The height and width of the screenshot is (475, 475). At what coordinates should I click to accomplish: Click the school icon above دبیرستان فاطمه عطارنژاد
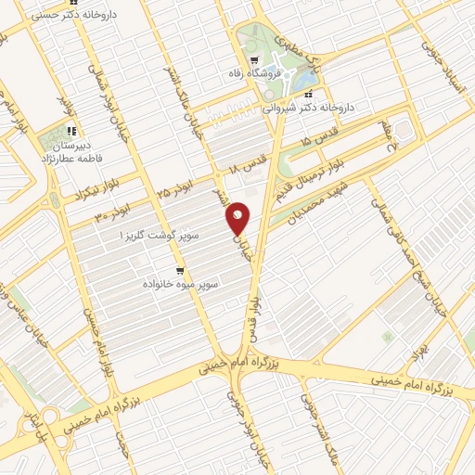point(74,131)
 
